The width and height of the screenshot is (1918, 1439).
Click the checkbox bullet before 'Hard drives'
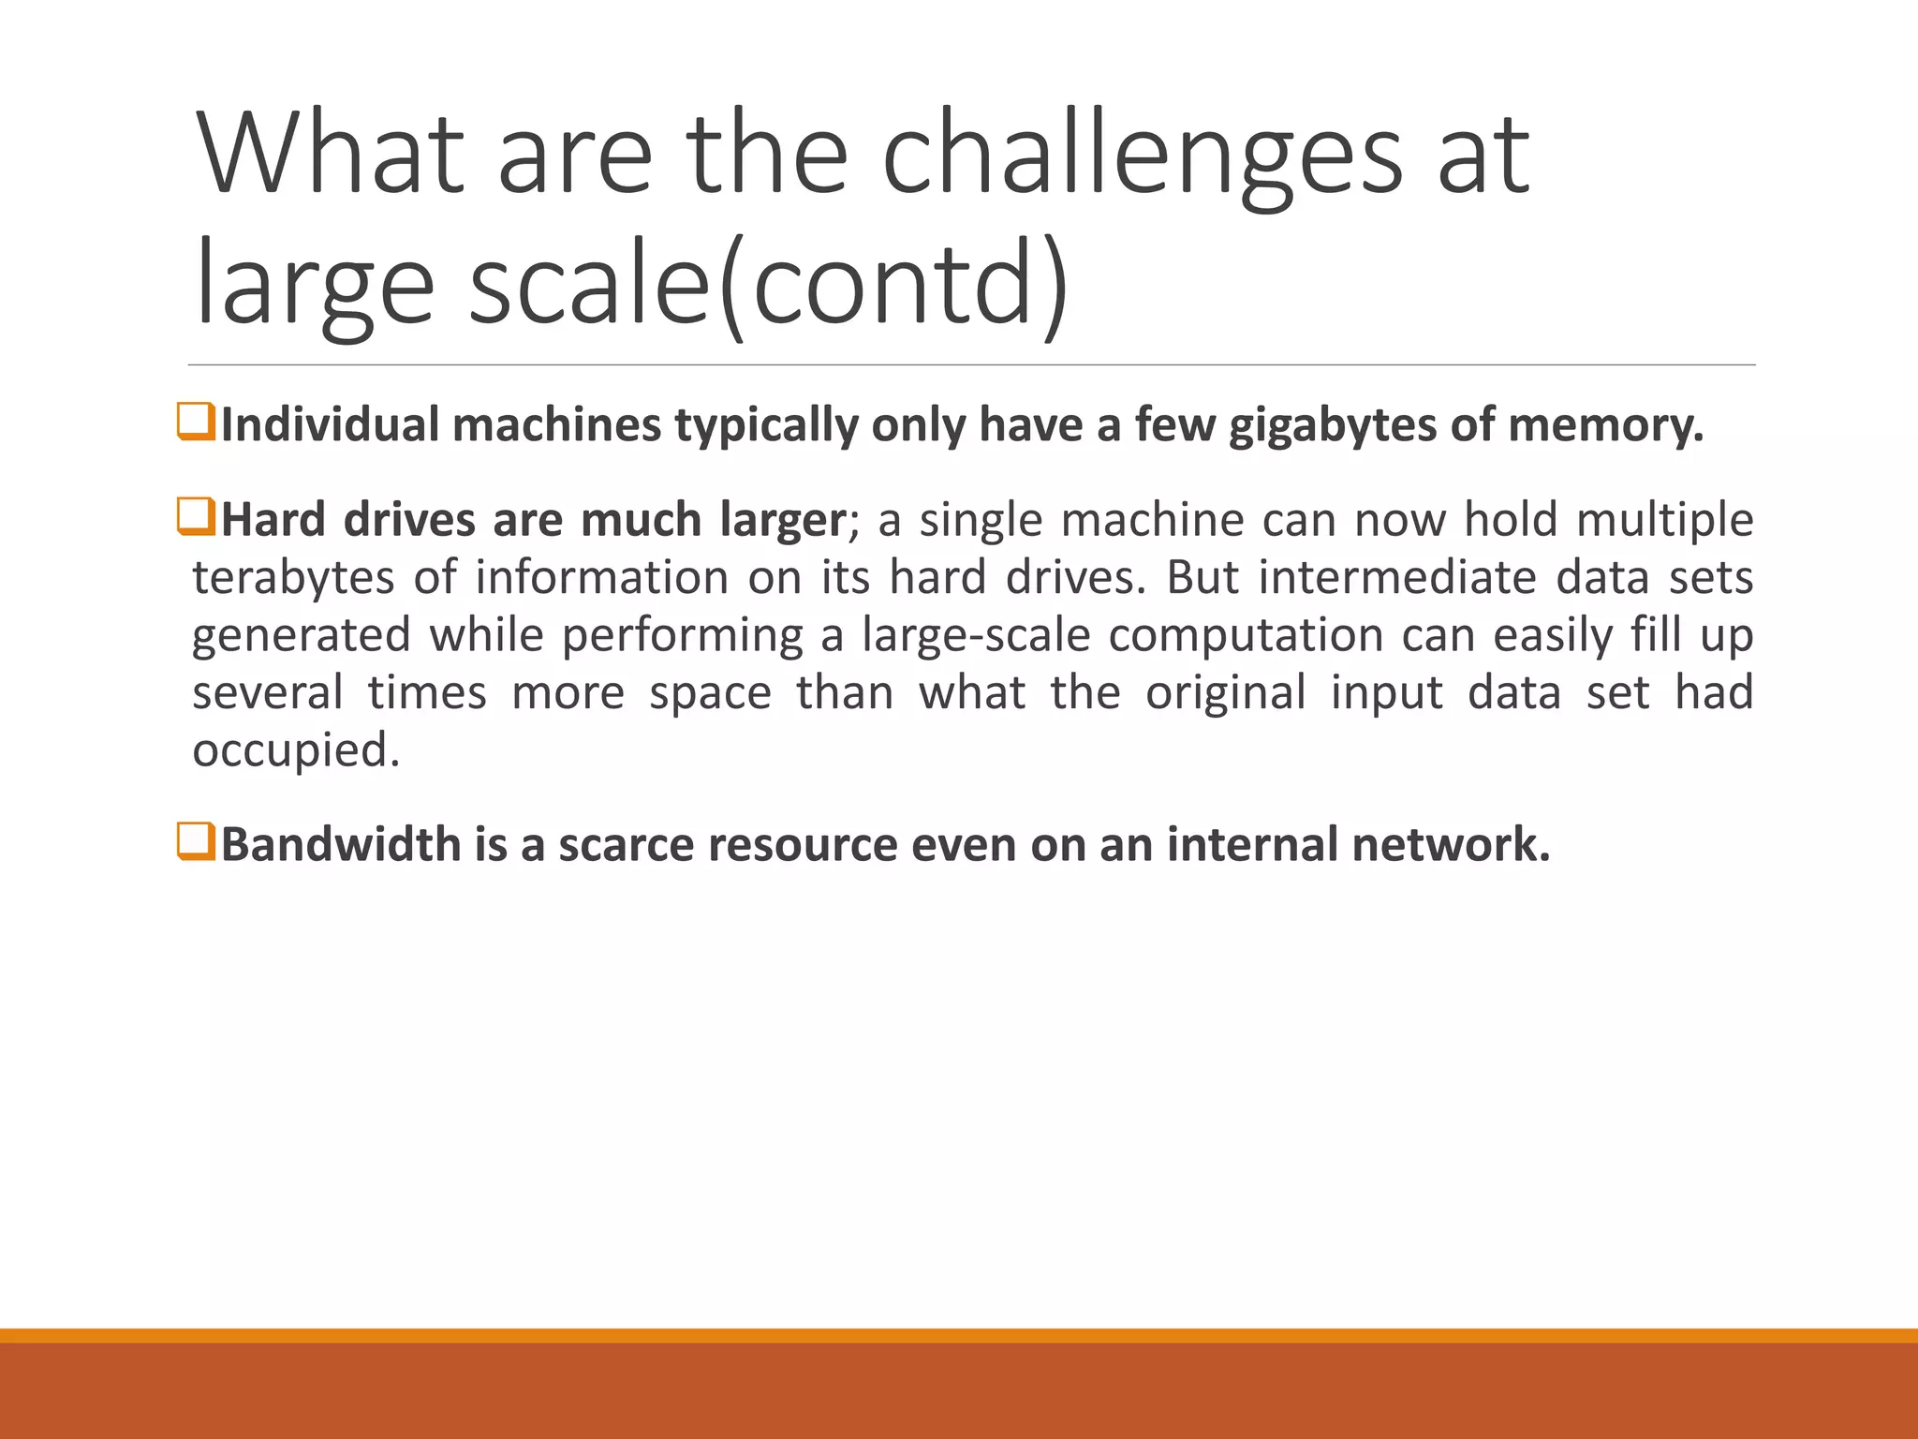[x=197, y=517]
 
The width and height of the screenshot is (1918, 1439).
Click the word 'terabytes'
[x=293, y=578]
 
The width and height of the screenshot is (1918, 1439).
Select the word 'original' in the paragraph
[x=1226, y=693]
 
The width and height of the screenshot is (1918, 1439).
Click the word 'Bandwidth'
[x=341, y=844]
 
